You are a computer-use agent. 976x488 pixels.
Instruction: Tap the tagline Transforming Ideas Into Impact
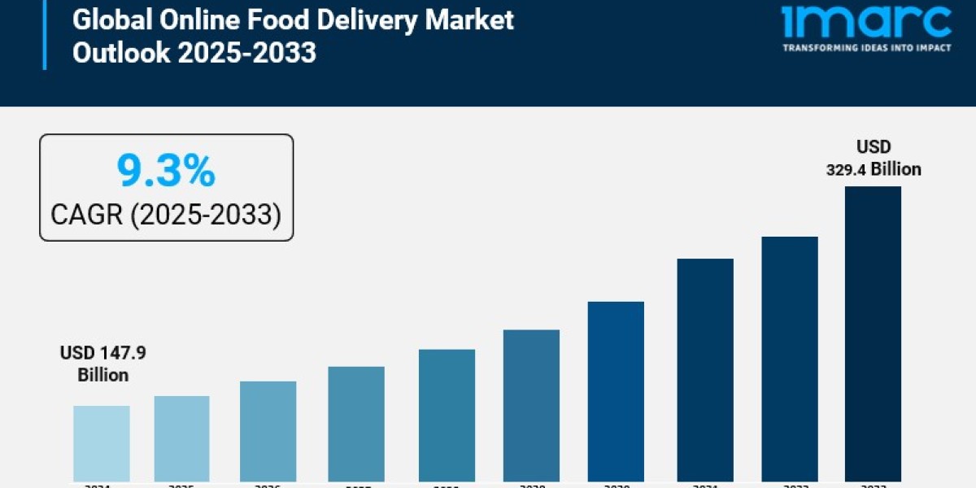(866, 48)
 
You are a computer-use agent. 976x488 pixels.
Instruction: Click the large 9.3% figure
(166, 171)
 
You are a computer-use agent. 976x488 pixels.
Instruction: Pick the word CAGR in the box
(86, 215)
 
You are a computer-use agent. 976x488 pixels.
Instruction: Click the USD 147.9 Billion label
(102, 364)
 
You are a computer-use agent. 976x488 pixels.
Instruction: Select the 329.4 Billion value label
(874, 169)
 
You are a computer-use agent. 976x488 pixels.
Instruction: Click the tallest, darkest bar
(873, 333)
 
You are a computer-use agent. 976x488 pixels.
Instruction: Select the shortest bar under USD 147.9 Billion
(102, 443)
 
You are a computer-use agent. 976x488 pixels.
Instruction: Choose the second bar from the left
(181, 438)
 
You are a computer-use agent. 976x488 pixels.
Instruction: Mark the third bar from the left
(268, 431)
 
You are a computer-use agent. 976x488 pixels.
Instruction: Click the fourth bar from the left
(356, 424)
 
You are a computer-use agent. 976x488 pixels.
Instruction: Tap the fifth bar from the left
(447, 415)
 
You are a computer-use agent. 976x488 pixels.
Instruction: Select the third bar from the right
(705, 370)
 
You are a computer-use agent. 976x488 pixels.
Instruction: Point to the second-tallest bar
(790, 359)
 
